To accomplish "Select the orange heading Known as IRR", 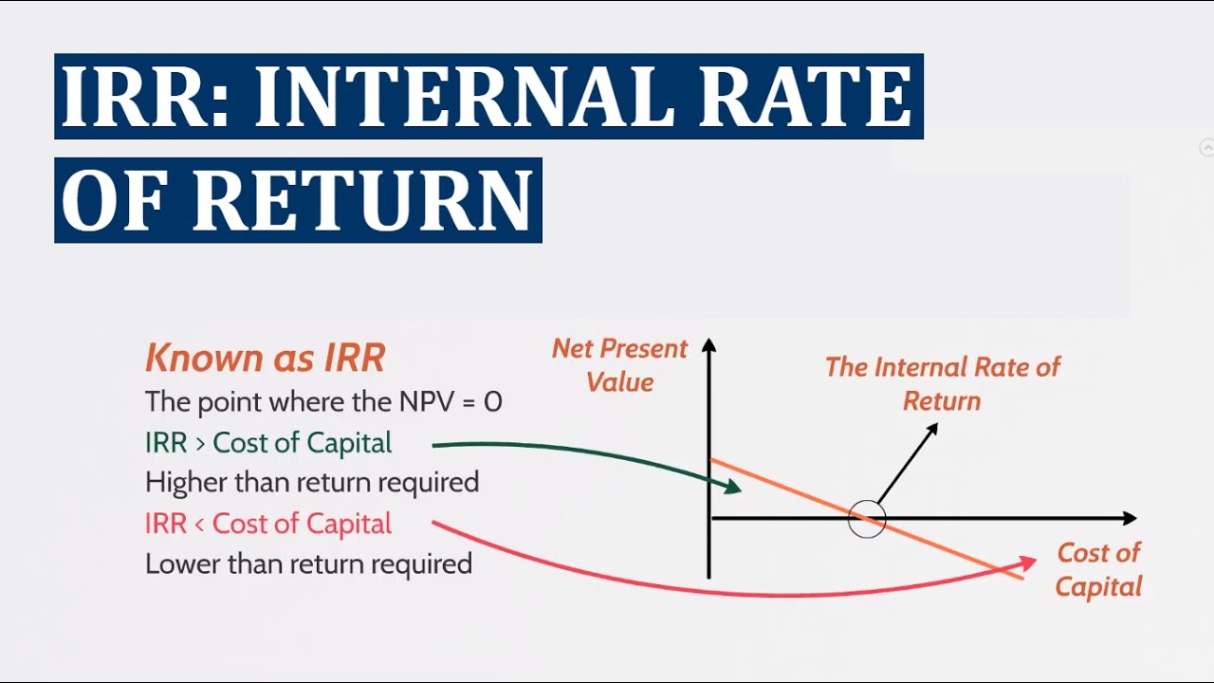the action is coord(266,359).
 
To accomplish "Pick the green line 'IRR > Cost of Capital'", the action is coord(268,443).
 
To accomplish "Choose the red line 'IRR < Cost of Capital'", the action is coord(268,524).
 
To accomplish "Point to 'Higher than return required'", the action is coord(312,483).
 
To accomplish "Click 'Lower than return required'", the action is coord(308,564).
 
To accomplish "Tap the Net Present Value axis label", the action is coord(619,365).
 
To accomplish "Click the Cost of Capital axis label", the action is coord(1098,569).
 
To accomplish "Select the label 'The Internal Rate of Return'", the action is coord(942,383).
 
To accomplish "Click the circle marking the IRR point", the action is coord(866,519).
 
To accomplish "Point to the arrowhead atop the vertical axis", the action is coord(708,345).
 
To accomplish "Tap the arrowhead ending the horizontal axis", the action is coord(1129,518).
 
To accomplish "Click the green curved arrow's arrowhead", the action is coord(733,488).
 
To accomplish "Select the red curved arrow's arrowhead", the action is coord(1027,563).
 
